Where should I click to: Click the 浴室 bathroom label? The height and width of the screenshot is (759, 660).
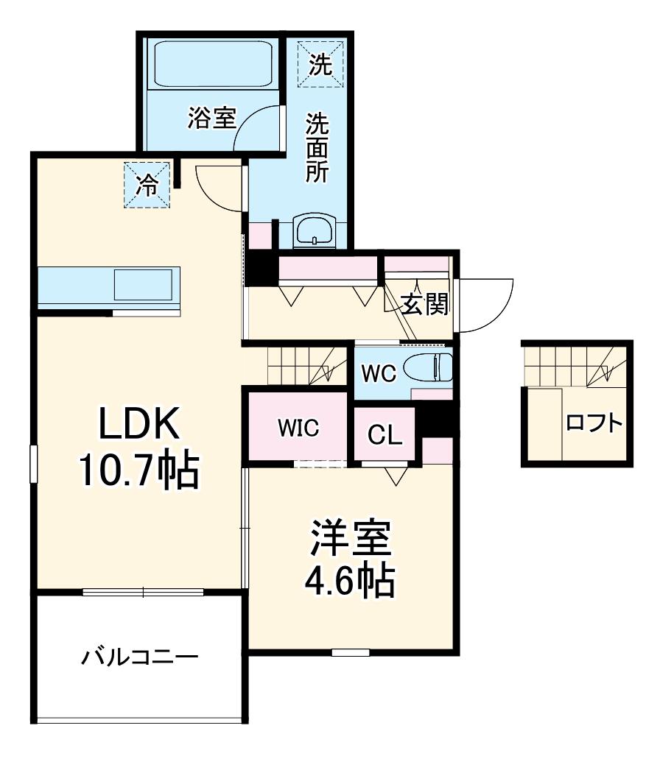click(x=211, y=118)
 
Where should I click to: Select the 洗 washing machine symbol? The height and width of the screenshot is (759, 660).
click(x=320, y=65)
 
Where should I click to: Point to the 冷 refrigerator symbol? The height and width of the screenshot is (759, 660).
click(x=147, y=185)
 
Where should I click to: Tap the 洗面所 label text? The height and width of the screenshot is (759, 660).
click(x=317, y=148)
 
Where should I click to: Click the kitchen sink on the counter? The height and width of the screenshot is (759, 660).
click(x=143, y=285)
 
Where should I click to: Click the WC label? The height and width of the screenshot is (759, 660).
click(x=379, y=373)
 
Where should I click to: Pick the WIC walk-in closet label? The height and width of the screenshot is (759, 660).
click(x=298, y=428)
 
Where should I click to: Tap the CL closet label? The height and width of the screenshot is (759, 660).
click(x=385, y=434)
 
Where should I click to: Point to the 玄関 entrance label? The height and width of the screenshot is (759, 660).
click(x=426, y=304)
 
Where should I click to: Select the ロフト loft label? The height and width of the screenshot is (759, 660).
click(x=594, y=423)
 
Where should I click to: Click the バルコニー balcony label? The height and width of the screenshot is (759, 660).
click(x=139, y=657)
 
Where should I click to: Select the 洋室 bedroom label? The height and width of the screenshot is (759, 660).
click(x=351, y=538)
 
